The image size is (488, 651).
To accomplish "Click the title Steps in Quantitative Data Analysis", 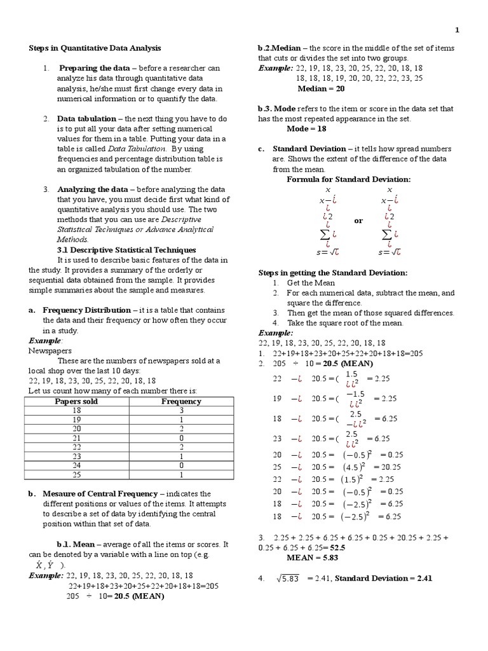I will click(x=95, y=48).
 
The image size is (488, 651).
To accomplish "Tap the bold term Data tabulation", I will click(x=86, y=119).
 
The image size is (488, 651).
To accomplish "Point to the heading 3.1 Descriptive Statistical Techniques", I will click(x=126, y=250).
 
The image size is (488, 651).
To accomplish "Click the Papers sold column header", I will click(x=76, y=401).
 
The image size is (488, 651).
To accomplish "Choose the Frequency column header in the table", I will click(x=181, y=401).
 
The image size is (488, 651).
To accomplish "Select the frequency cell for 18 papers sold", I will click(x=181, y=411).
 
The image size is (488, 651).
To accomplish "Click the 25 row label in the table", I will click(x=76, y=474).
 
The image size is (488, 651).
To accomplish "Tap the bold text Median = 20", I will click(x=321, y=88).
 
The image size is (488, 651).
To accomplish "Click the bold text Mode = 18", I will click(x=306, y=128).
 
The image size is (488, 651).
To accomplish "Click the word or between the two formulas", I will click(x=358, y=221).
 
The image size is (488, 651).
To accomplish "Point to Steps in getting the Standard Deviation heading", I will click(x=332, y=272).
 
